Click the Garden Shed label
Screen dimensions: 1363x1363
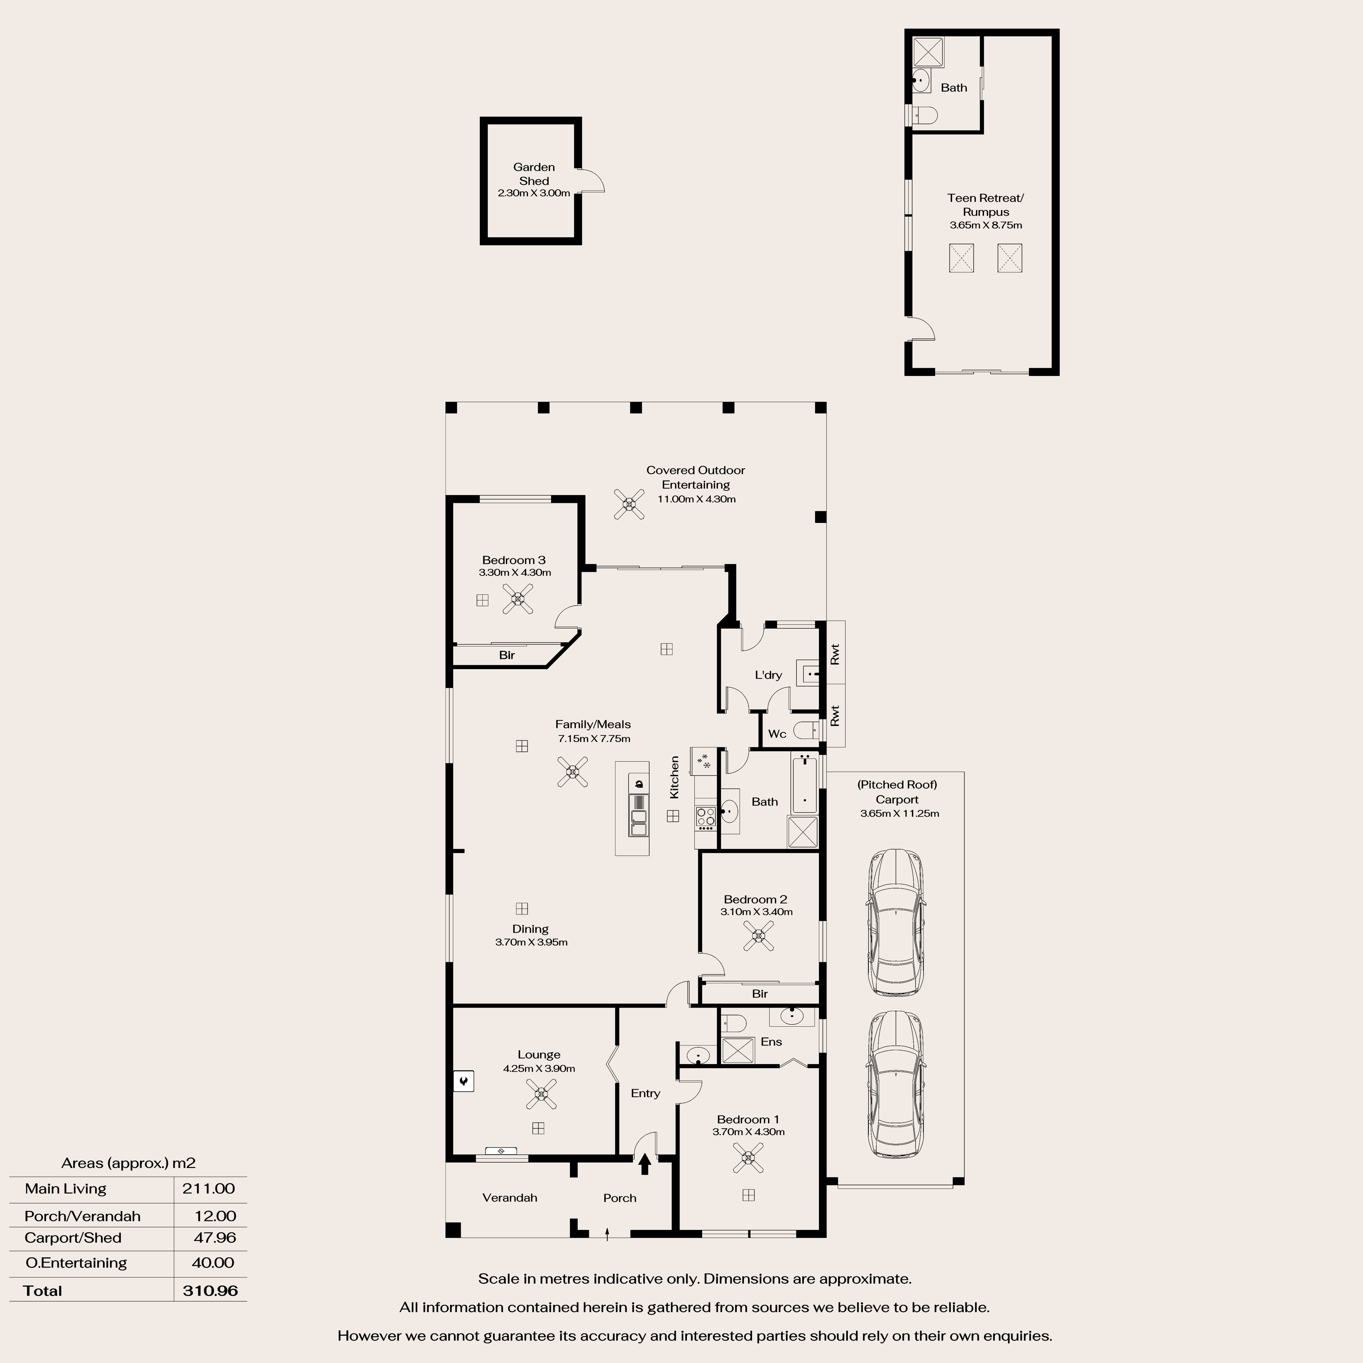coord(534,174)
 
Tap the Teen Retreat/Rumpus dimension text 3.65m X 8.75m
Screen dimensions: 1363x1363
coord(986,225)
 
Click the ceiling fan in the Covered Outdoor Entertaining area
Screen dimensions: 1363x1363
coord(629,504)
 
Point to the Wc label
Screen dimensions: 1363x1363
coord(777,734)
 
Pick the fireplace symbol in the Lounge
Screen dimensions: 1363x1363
coord(463,1081)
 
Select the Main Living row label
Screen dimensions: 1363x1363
coord(66,1189)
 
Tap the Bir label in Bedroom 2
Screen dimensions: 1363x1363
coord(760,993)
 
